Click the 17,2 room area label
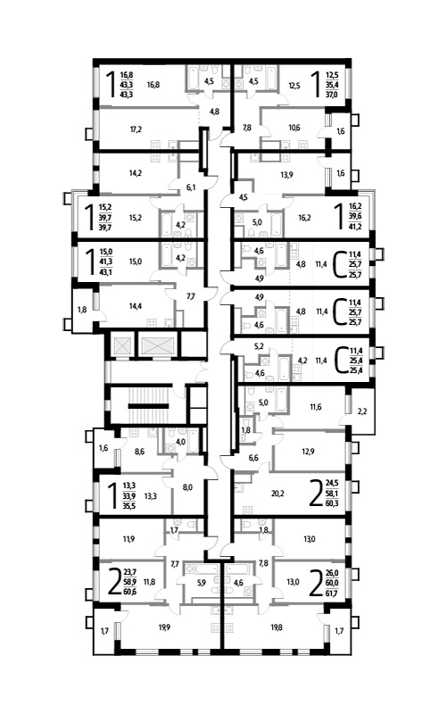click(x=136, y=129)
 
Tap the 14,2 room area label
click(x=136, y=173)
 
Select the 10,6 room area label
click(x=294, y=128)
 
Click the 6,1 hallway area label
click(x=191, y=187)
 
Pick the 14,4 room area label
click(x=136, y=306)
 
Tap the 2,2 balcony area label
click(x=362, y=411)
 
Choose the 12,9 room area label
click(x=308, y=452)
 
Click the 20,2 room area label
click(x=277, y=493)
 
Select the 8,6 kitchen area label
click(x=140, y=452)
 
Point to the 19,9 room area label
click(x=165, y=627)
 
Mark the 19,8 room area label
click(x=277, y=627)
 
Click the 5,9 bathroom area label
click(x=202, y=582)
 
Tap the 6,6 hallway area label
click(x=253, y=458)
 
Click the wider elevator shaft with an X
click(x=158, y=345)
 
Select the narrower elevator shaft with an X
click(x=121, y=345)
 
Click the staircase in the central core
click(x=148, y=405)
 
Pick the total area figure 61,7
click(x=331, y=594)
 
